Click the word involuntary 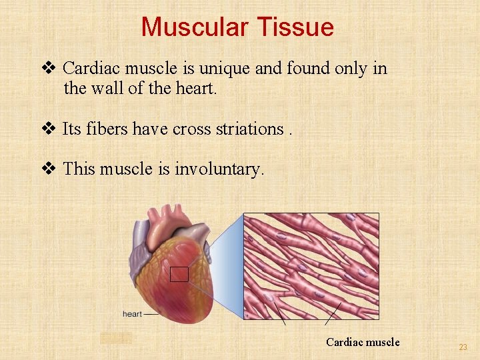219,170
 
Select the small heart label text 132,314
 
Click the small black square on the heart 179,274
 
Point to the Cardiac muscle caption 363,342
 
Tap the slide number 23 463,347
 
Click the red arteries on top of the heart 167,217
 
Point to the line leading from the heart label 153,313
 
